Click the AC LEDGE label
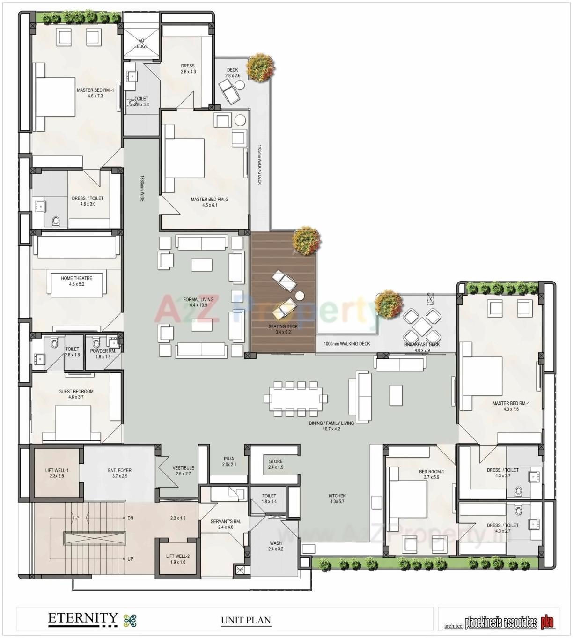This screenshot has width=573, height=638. [x=141, y=44]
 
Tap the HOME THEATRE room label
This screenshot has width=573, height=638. [x=76, y=281]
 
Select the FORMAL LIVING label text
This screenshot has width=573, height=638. [x=198, y=302]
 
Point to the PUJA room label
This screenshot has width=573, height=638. [x=228, y=462]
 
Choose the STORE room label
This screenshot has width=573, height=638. [x=275, y=464]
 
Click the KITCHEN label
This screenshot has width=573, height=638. [x=337, y=498]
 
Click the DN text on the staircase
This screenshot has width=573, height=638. [x=130, y=518]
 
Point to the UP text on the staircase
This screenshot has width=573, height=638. [x=130, y=559]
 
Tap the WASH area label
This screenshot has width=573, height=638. [x=275, y=546]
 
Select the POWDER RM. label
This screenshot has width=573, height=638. [x=103, y=354]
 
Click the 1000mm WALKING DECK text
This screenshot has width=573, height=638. [x=346, y=344]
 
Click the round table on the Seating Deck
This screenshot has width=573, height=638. [x=300, y=295]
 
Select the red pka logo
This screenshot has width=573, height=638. [x=548, y=622]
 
